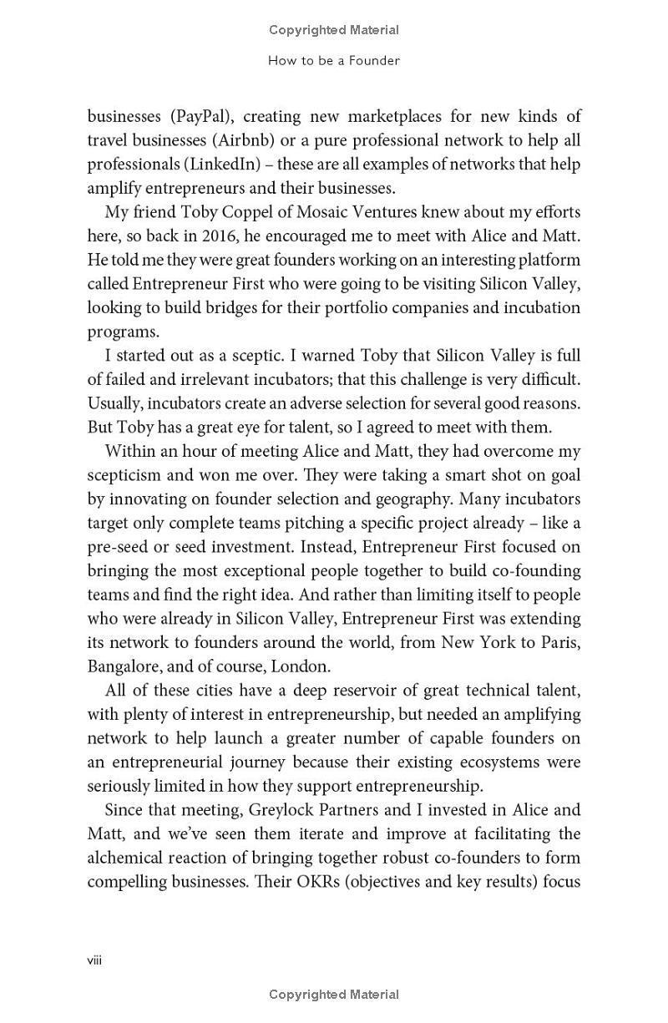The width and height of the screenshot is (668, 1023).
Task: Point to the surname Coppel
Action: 215,212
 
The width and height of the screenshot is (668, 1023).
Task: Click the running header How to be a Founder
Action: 334,60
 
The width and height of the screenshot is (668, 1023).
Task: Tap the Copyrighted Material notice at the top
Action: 334,30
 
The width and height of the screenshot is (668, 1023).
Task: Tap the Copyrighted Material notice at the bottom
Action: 334,994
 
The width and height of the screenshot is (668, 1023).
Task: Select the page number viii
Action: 94,960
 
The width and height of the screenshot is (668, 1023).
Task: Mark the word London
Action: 306,667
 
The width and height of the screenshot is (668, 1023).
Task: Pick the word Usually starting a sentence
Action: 117,403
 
